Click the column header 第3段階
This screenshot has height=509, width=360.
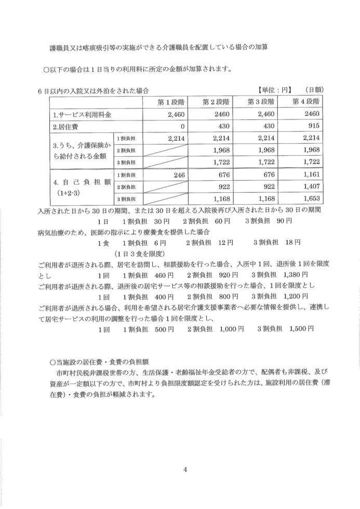tap(264, 101)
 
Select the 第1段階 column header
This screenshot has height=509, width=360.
tap(164, 101)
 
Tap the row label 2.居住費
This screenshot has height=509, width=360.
tap(65, 126)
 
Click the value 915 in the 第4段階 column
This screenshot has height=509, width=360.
tap(313, 126)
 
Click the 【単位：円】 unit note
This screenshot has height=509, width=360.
tap(276, 89)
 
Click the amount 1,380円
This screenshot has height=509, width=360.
tap(295, 274)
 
